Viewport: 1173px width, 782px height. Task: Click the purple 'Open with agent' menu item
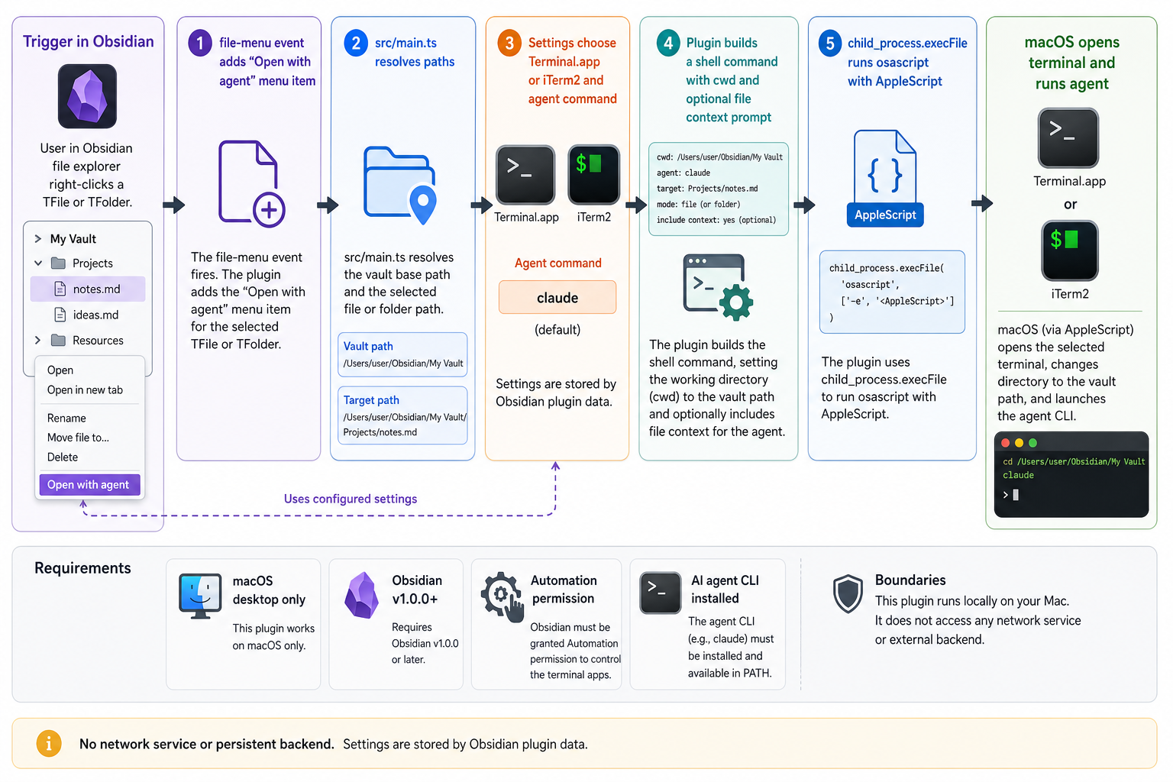click(89, 484)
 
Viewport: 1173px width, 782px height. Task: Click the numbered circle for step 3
click(509, 43)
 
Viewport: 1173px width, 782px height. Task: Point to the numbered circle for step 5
click(830, 43)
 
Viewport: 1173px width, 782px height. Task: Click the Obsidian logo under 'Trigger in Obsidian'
click(88, 96)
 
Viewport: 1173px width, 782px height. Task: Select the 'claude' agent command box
click(557, 298)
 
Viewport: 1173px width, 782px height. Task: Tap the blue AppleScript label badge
click(885, 215)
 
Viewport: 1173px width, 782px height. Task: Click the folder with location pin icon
click(400, 185)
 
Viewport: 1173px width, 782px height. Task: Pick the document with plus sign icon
click(251, 184)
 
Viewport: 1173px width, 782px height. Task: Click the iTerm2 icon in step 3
click(593, 175)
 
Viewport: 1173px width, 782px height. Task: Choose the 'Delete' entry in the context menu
click(63, 457)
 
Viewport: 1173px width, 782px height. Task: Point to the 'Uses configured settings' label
click(351, 499)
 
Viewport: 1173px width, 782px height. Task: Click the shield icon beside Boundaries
click(848, 593)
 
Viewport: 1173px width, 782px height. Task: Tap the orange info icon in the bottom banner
click(49, 744)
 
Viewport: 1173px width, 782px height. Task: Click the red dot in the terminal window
click(1006, 443)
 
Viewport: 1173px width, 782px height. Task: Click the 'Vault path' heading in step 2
click(368, 346)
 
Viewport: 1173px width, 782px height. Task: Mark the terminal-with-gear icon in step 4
click(718, 288)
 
